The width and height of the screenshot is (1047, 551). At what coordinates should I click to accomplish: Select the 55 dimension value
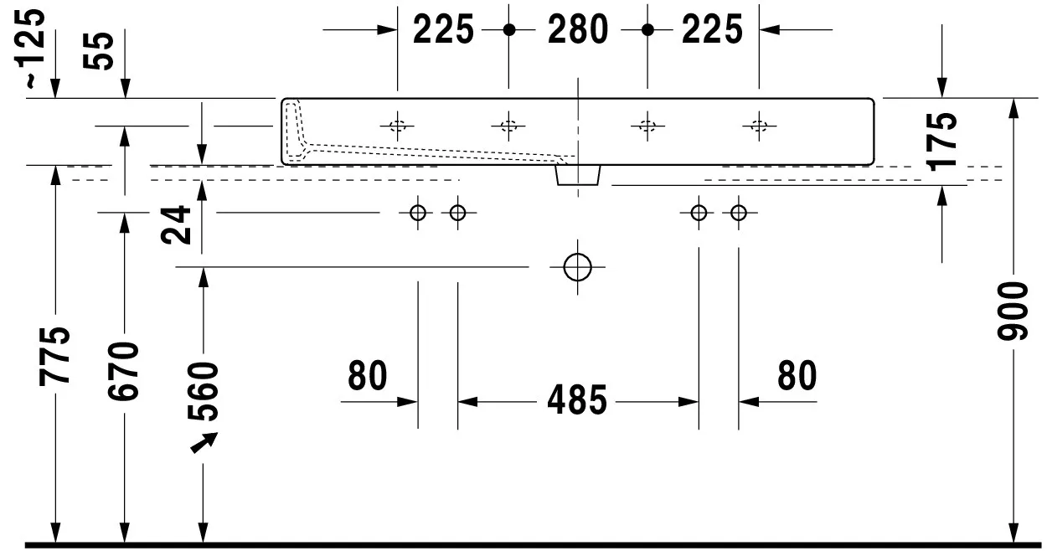click(101, 51)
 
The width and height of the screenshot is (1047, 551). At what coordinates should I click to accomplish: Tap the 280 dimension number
click(578, 30)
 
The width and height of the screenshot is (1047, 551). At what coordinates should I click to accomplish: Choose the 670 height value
click(126, 371)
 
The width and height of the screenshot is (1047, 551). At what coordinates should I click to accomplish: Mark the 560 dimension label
click(203, 390)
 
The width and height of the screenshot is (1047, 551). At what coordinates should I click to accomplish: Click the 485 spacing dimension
click(577, 401)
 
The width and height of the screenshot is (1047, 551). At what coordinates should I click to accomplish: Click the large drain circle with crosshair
click(577, 267)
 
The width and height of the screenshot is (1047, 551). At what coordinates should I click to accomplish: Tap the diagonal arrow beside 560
click(204, 442)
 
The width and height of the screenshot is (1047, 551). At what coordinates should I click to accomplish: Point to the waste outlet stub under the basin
click(578, 174)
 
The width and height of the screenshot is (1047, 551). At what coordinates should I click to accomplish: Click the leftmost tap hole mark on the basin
click(397, 126)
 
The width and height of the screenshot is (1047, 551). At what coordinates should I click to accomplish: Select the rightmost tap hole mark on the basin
click(759, 126)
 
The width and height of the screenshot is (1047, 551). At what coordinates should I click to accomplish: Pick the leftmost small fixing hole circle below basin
click(418, 213)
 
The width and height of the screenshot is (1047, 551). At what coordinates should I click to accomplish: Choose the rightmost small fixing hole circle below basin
click(738, 213)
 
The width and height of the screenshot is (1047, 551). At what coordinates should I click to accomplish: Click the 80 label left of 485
click(369, 377)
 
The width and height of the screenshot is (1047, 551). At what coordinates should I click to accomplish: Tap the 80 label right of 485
click(797, 377)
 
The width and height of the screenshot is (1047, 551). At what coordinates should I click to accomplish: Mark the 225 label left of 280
click(443, 30)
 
